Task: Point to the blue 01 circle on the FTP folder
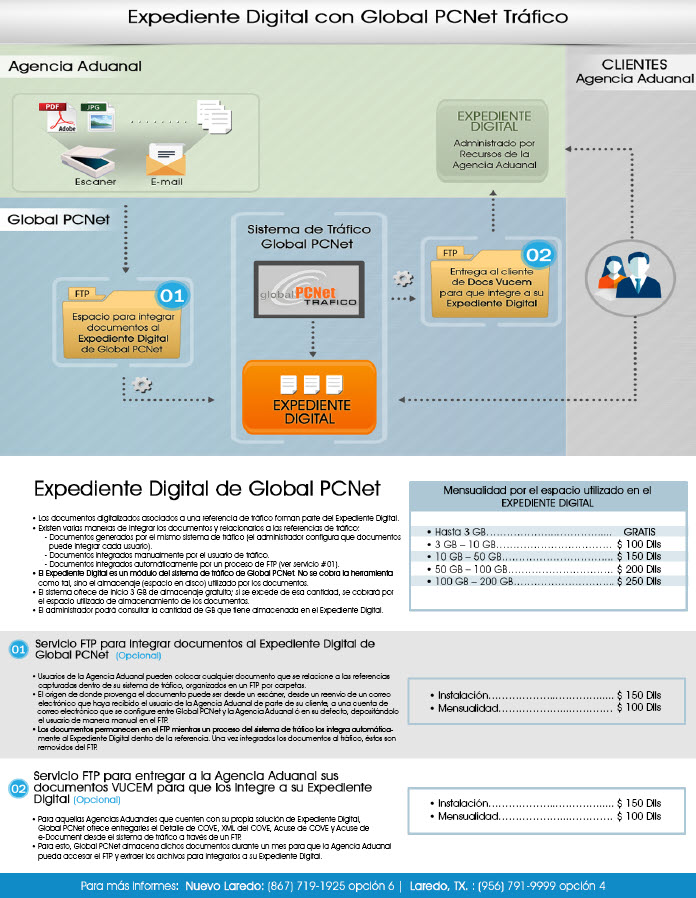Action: click(172, 296)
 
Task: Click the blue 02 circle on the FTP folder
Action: click(538, 254)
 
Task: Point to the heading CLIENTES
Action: click(635, 65)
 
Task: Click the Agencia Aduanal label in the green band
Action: click(75, 67)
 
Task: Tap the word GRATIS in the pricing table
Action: click(639, 530)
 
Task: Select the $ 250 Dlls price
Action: click(639, 581)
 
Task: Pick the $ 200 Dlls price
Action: click(639, 568)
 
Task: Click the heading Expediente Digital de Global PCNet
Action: click(207, 489)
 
